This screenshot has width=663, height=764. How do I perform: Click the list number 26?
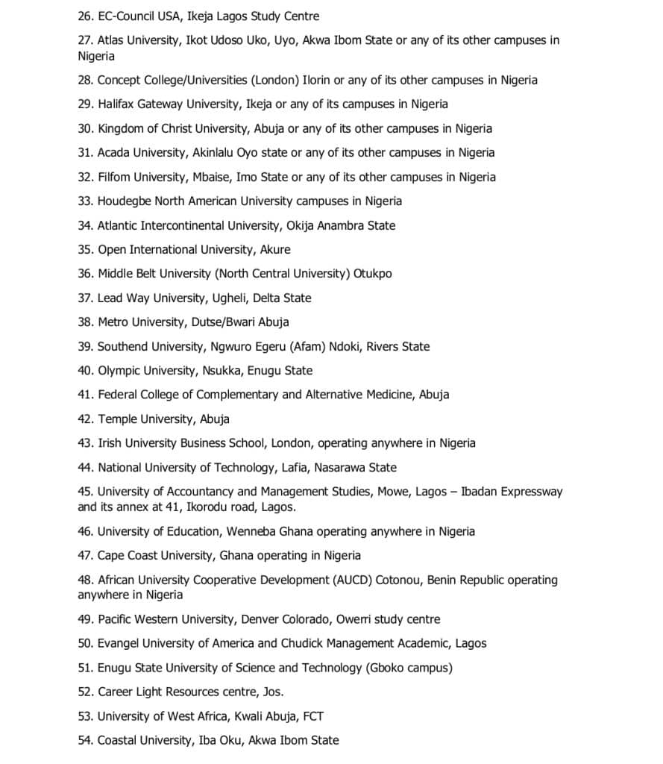(85, 16)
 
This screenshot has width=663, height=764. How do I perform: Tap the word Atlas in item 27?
(113, 40)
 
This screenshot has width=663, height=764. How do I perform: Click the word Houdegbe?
(128, 201)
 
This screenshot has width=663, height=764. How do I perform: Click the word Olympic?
(120, 370)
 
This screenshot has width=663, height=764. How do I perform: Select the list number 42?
(85, 419)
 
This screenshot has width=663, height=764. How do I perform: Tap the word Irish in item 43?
(110, 442)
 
